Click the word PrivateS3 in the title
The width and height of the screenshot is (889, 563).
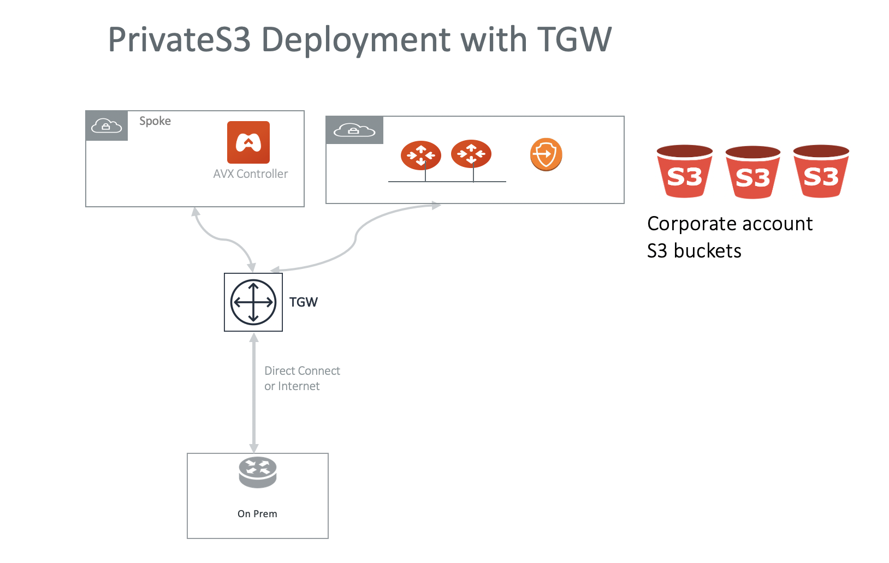point(179,40)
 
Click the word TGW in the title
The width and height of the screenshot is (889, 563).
point(574,40)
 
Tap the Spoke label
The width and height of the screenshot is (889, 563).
point(155,121)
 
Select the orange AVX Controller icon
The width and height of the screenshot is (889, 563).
point(248,142)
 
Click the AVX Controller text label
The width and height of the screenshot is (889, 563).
point(250,174)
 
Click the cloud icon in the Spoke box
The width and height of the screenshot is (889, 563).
point(106,126)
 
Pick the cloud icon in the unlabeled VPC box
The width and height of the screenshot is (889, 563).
point(354,130)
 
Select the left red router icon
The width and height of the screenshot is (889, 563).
point(421,155)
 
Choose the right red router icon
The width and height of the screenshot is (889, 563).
point(471,154)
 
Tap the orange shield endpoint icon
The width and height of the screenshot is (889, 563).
point(546,154)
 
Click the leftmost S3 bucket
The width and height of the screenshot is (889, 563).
point(685,171)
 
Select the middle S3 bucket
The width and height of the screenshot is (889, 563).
point(752,172)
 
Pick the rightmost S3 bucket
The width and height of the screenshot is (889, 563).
point(821,171)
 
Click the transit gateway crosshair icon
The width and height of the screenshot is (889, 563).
point(253,302)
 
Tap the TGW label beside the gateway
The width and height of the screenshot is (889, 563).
point(304,302)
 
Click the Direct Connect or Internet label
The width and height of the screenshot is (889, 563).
point(301,379)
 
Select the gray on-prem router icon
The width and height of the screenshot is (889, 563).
point(258,472)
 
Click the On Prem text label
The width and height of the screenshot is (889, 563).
point(257,514)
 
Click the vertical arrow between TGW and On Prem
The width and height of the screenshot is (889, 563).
point(254,393)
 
